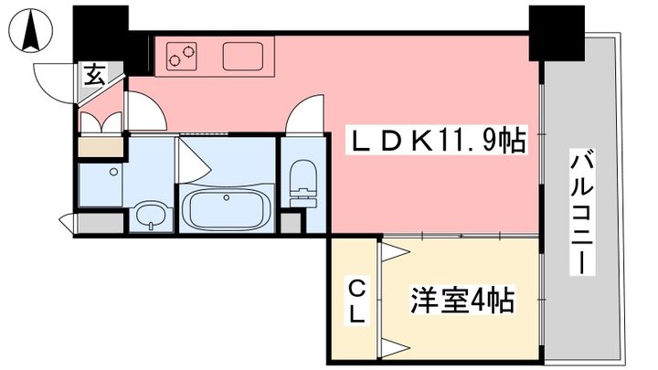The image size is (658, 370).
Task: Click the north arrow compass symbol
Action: [x=31, y=31]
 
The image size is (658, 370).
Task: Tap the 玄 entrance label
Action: [x=96, y=76]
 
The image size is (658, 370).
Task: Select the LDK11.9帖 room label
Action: [x=436, y=142]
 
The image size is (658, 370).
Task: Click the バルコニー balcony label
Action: [x=582, y=213]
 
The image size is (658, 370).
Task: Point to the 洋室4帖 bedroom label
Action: [x=462, y=301]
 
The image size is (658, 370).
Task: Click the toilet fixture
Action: [x=303, y=184]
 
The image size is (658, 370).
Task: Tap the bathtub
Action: [x=227, y=207]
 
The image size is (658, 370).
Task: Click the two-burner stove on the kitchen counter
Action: [x=182, y=56]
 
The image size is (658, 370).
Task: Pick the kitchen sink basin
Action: [x=243, y=56]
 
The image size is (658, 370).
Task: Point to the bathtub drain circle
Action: [x=227, y=197]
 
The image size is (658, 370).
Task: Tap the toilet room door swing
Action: [x=305, y=114]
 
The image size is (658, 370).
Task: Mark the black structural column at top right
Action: [x=557, y=33]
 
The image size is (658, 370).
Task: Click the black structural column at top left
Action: [x=101, y=35]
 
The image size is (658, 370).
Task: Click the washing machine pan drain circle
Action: [x=113, y=171]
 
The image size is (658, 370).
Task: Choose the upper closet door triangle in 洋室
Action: [x=395, y=252]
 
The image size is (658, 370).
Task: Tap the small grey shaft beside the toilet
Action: [x=291, y=223]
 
